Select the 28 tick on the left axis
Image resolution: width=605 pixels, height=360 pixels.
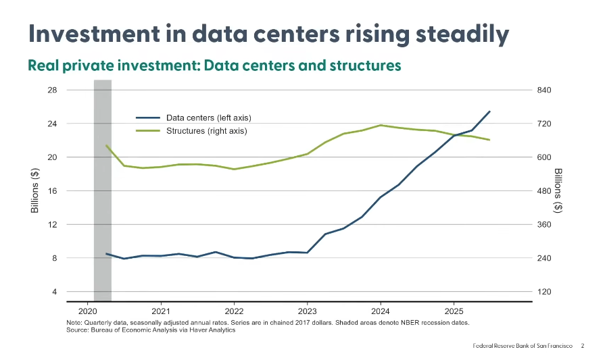coord(71,90)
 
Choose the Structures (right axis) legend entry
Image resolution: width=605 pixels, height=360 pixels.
coord(207,131)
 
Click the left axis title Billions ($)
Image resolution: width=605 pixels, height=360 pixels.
coord(35,191)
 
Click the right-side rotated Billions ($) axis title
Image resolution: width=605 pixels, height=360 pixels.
coord(558,191)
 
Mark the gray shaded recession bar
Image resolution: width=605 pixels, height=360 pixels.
coord(102,189)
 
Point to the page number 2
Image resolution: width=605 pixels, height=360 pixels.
coord(583,346)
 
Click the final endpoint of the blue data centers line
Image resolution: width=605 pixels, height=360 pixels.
coord(490,111)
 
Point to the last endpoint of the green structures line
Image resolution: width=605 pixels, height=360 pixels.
coord(489,140)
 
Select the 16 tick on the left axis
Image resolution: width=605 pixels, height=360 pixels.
coord(71,191)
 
